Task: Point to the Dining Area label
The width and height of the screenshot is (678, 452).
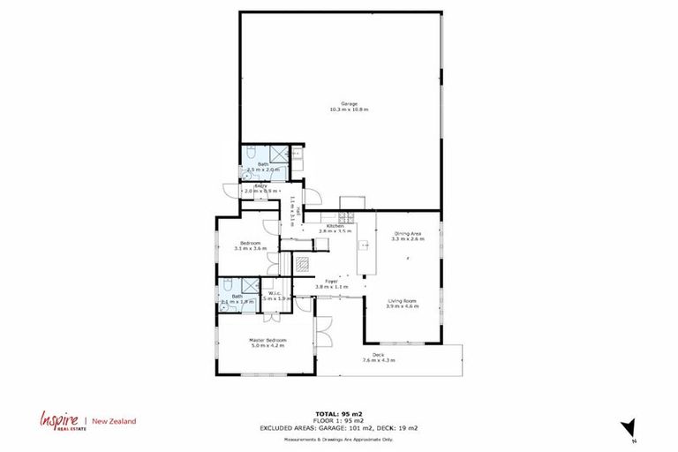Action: pyautogui.click(x=409, y=234)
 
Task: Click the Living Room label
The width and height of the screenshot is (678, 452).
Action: pyautogui.click(x=402, y=301)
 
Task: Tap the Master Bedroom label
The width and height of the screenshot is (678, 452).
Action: pyautogui.click(x=267, y=340)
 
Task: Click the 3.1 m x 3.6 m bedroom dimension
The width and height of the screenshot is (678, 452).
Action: pyautogui.click(x=251, y=249)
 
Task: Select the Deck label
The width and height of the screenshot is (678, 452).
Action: pyautogui.click(x=377, y=354)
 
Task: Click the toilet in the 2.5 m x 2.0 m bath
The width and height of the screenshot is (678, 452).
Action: pyautogui.click(x=252, y=151)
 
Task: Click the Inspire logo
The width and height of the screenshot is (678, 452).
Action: pyautogui.click(x=56, y=421)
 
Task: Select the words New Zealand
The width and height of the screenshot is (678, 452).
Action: pyautogui.click(x=114, y=422)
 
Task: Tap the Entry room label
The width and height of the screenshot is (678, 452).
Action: pyautogui.click(x=261, y=186)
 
